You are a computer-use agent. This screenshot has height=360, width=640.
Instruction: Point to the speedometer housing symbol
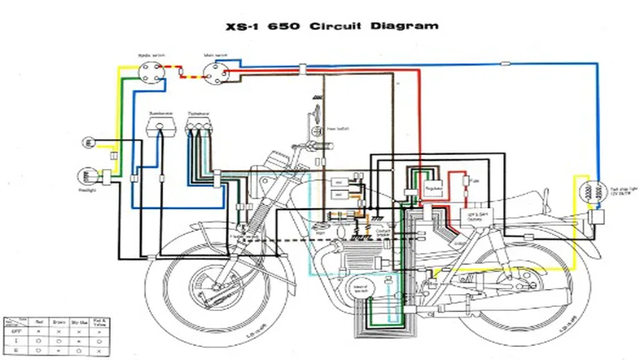(161, 126)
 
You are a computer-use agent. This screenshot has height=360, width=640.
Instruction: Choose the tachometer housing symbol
(198, 126)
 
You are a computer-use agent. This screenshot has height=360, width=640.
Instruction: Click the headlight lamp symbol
(87, 176)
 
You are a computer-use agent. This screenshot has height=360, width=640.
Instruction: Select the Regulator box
(432, 190)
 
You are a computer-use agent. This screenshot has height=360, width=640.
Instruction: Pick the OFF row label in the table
(14, 331)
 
